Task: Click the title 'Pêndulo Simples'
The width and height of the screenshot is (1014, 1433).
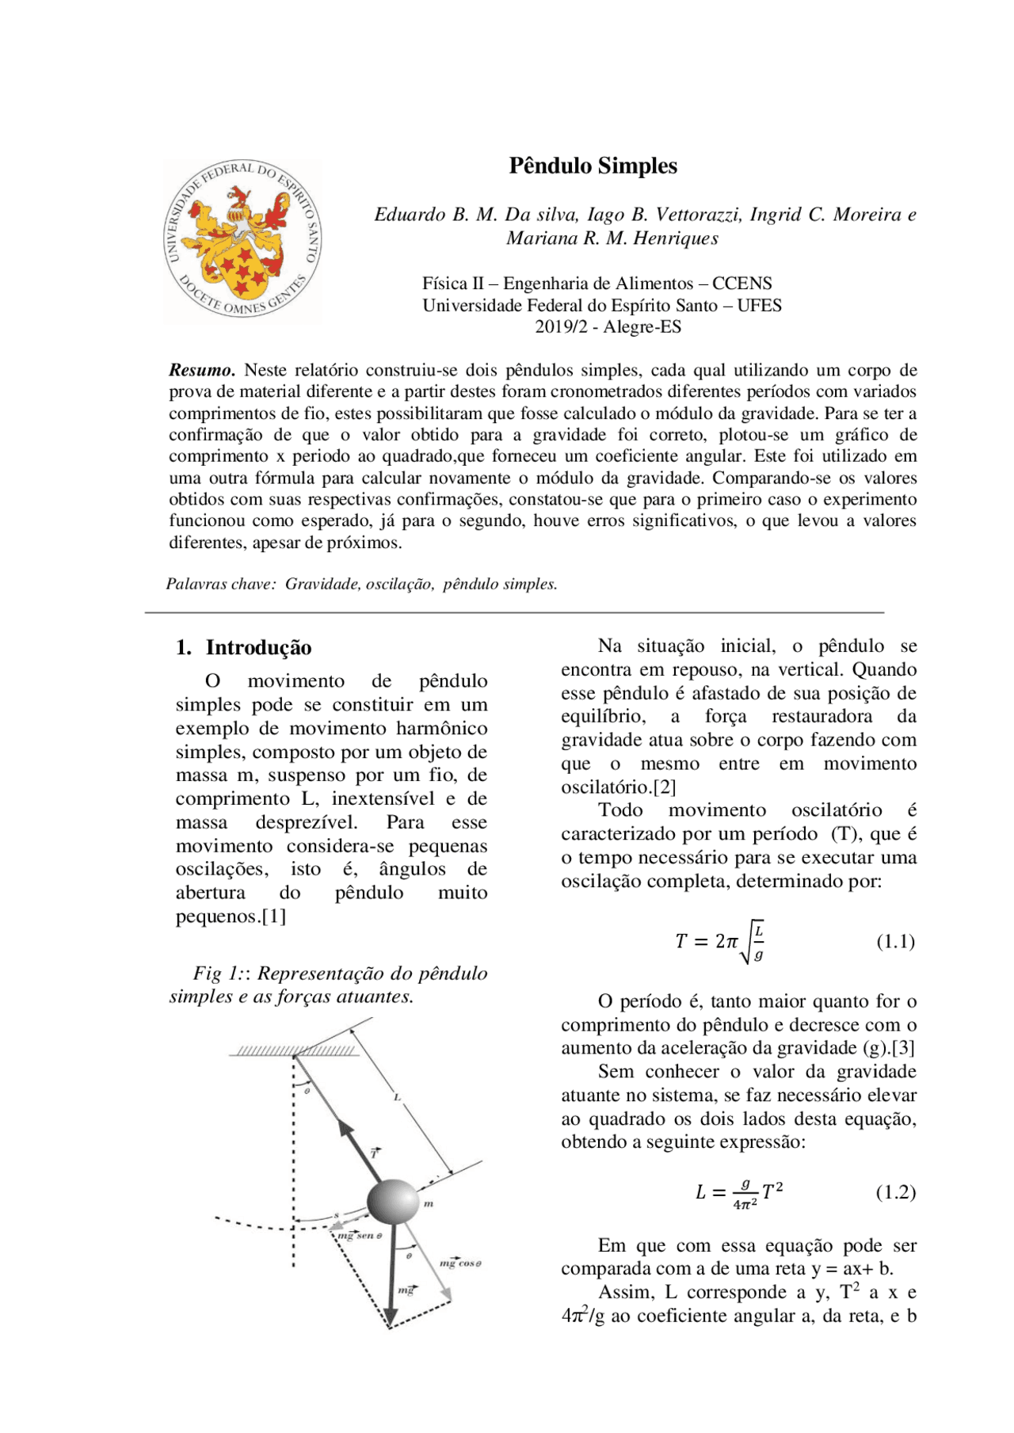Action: coord(593,166)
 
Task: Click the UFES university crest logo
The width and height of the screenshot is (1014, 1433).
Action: coord(242,240)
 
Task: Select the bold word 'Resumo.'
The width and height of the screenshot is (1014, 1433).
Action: coord(202,370)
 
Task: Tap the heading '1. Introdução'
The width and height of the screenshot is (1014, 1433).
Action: coord(243,647)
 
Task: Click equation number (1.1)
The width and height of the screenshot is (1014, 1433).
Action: coord(895,941)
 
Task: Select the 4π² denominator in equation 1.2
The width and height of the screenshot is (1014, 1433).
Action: coord(745,1204)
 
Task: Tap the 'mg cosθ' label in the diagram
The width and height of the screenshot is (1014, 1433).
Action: coord(460,1263)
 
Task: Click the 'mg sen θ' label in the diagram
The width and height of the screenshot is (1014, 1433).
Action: coord(360,1235)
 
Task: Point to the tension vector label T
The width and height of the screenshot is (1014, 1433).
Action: coord(375,1153)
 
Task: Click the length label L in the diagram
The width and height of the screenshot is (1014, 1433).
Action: coord(398,1097)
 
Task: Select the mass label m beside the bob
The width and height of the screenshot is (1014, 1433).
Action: coord(429,1204)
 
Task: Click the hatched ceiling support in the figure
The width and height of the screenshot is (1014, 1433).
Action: coord(295,1050)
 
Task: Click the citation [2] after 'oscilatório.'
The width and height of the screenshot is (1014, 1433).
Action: coord(665,787)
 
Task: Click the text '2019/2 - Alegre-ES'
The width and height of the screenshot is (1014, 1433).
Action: coord(608,326)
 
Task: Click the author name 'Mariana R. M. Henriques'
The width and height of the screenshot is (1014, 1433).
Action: coord(612,238)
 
